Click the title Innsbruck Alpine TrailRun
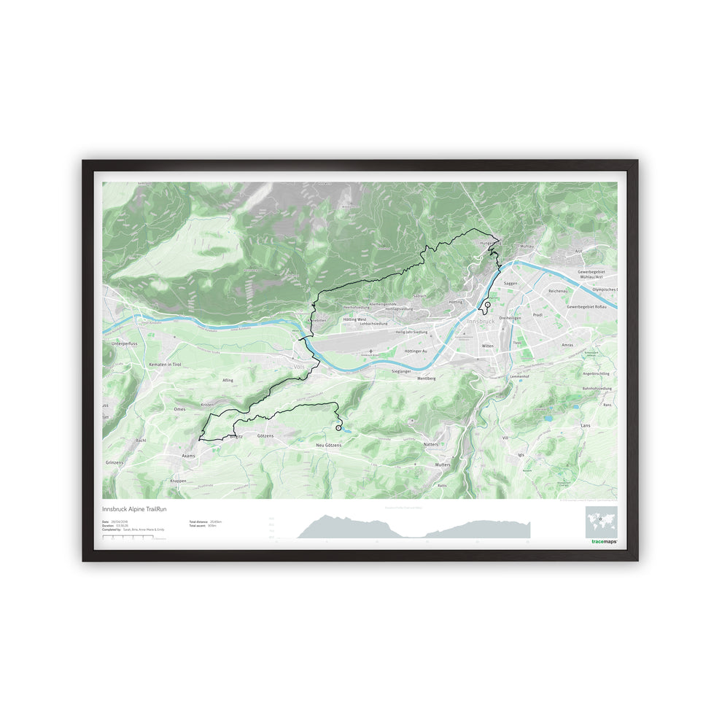(x=135, y=508)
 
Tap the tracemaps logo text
(x=604, y=542)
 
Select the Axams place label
(x=188, y=454)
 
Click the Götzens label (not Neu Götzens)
(x=265, y=435)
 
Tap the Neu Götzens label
(x=329, y=444)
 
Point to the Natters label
(x=431, y=443)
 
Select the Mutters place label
(x=442, y=465)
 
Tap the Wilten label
(x=488, y=346)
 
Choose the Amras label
(x=567, y=345)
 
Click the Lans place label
(x=585, y=424)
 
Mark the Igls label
(x=520, y=454)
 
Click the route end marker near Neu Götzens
(x=338, y=428)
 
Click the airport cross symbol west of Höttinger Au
(x=371, y=352)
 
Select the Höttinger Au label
(x=419, y=352)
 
